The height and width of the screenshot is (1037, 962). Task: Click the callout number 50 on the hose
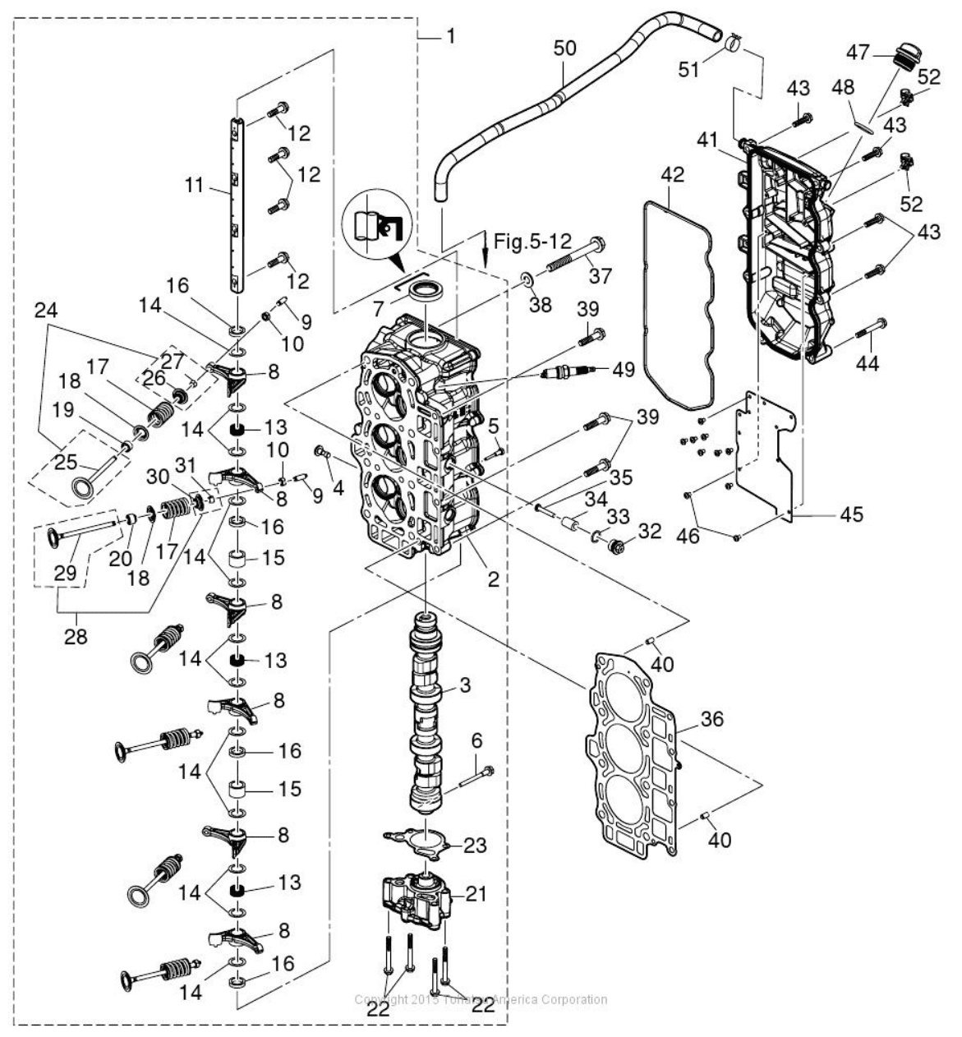tap(564, 48)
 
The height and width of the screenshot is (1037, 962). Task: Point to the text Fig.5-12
tap(532, 241)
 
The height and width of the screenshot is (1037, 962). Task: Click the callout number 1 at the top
tap(450, 36)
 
